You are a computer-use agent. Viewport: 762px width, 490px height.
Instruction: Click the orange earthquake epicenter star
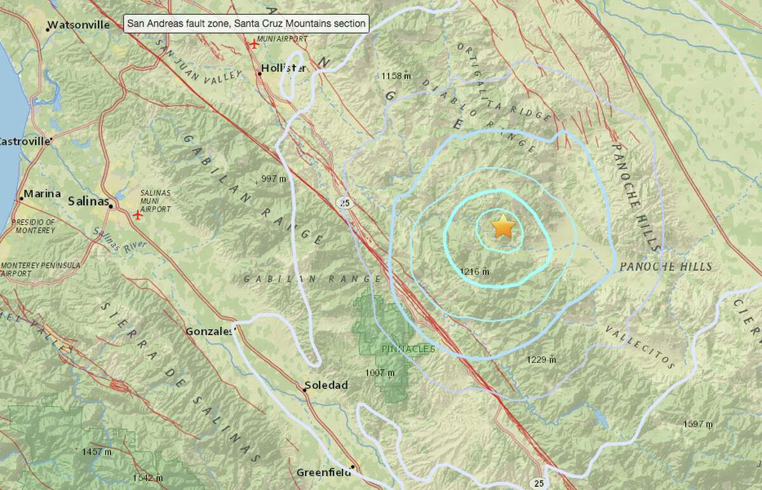(503, 226)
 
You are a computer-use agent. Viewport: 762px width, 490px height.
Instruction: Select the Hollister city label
(284, 68)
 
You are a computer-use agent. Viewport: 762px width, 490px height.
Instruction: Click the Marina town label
(43, 194)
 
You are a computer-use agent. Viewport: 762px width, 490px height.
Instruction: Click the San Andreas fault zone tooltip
(246, 24)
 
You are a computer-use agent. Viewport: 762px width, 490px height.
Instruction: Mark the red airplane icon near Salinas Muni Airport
(138, 215)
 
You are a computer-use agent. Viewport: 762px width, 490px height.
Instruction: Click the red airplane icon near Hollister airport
(255, 44)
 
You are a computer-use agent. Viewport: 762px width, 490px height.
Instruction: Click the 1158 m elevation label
(397, 76)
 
